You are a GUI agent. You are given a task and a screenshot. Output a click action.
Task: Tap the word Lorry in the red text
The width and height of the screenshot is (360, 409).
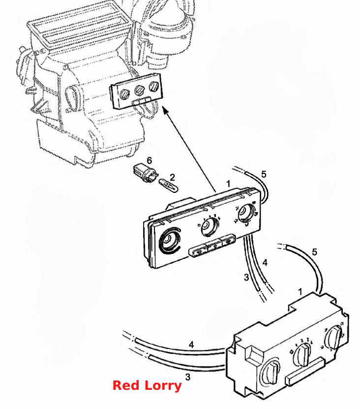(x=163, y=386)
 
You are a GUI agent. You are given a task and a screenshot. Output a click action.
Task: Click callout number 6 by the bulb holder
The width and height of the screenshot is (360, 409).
(x=149, y=160)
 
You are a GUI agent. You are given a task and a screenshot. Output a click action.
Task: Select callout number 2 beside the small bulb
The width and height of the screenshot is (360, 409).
(x=172, y=177)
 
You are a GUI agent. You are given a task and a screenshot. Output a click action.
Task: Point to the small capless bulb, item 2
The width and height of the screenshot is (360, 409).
(x=168, y=185)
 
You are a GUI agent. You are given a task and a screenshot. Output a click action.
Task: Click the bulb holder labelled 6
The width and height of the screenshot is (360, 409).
(x=146, y=173)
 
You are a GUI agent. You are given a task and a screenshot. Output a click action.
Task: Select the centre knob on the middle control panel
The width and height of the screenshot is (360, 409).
(x=210, y=227)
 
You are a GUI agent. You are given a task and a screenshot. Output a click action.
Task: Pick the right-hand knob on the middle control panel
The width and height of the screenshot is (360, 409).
(x=246, y=213)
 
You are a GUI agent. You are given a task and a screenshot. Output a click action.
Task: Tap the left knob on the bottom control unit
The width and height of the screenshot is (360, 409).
(x=270, y=372)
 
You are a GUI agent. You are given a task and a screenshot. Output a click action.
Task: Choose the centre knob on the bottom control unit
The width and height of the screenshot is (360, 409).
(x=302, y=355)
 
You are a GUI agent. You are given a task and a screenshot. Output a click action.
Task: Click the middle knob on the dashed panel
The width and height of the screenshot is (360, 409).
(x=139, y=90)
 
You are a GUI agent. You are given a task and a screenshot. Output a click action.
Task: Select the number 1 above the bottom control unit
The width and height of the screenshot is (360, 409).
(x=300, y=291)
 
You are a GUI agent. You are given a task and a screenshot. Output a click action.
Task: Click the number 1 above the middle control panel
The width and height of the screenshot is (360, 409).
(x=228, y=184)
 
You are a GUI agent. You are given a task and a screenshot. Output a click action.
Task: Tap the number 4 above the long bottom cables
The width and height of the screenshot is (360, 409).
(x=191, y=345)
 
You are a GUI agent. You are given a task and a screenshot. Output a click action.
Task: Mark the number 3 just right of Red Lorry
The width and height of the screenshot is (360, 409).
(x=188, y=377)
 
